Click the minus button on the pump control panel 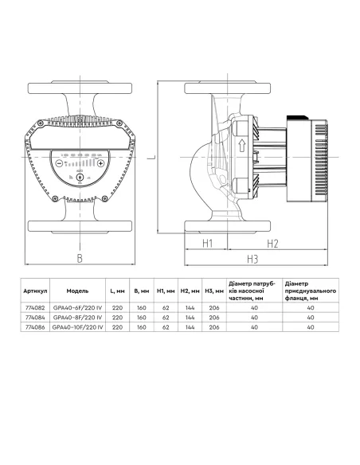(58, 162)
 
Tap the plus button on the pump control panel (101, 162)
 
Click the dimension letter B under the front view (79, 257)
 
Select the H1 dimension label (207, 242)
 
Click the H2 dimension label (272, 242)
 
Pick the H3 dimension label (252, 259)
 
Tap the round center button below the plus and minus (80, 178)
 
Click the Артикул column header (37, 291)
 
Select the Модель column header (77, 291)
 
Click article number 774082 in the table (37, 307)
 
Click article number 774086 (37, 326)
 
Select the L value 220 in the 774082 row (118, 307)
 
